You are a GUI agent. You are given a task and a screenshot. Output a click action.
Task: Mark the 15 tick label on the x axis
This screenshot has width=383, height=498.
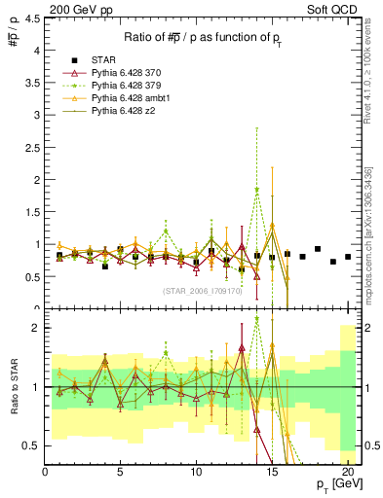tap(272, 472)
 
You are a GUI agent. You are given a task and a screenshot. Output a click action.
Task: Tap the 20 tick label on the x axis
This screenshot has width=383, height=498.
tap(348, 472)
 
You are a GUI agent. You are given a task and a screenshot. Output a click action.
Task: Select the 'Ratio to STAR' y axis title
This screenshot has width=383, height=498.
tap(13, 387)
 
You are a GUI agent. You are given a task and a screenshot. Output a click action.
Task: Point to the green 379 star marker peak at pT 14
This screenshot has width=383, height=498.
tap(257, 191)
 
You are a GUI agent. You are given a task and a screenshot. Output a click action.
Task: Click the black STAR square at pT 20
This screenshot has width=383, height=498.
tap(348, 257)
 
